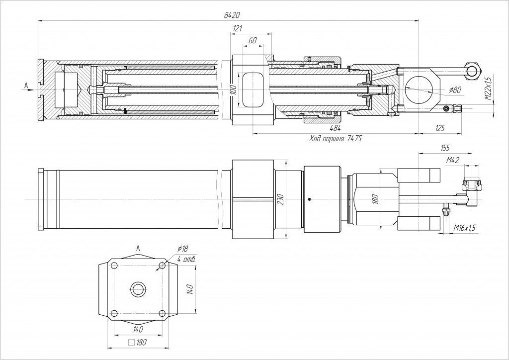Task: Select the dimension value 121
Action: [238, 29]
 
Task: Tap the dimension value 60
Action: [252, 41]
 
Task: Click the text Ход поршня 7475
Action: [335, 139]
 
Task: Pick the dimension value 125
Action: [440, 129]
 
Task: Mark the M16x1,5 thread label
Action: [465, 228]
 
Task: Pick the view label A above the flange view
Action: [138, 247]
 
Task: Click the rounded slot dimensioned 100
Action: [252, 90]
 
